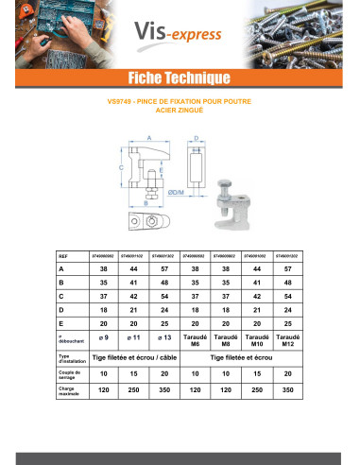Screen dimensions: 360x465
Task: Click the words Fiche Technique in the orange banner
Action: coord(180,77)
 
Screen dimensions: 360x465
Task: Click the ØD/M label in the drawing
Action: coord(201,193)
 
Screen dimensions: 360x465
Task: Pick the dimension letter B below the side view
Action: coord(147,202)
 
